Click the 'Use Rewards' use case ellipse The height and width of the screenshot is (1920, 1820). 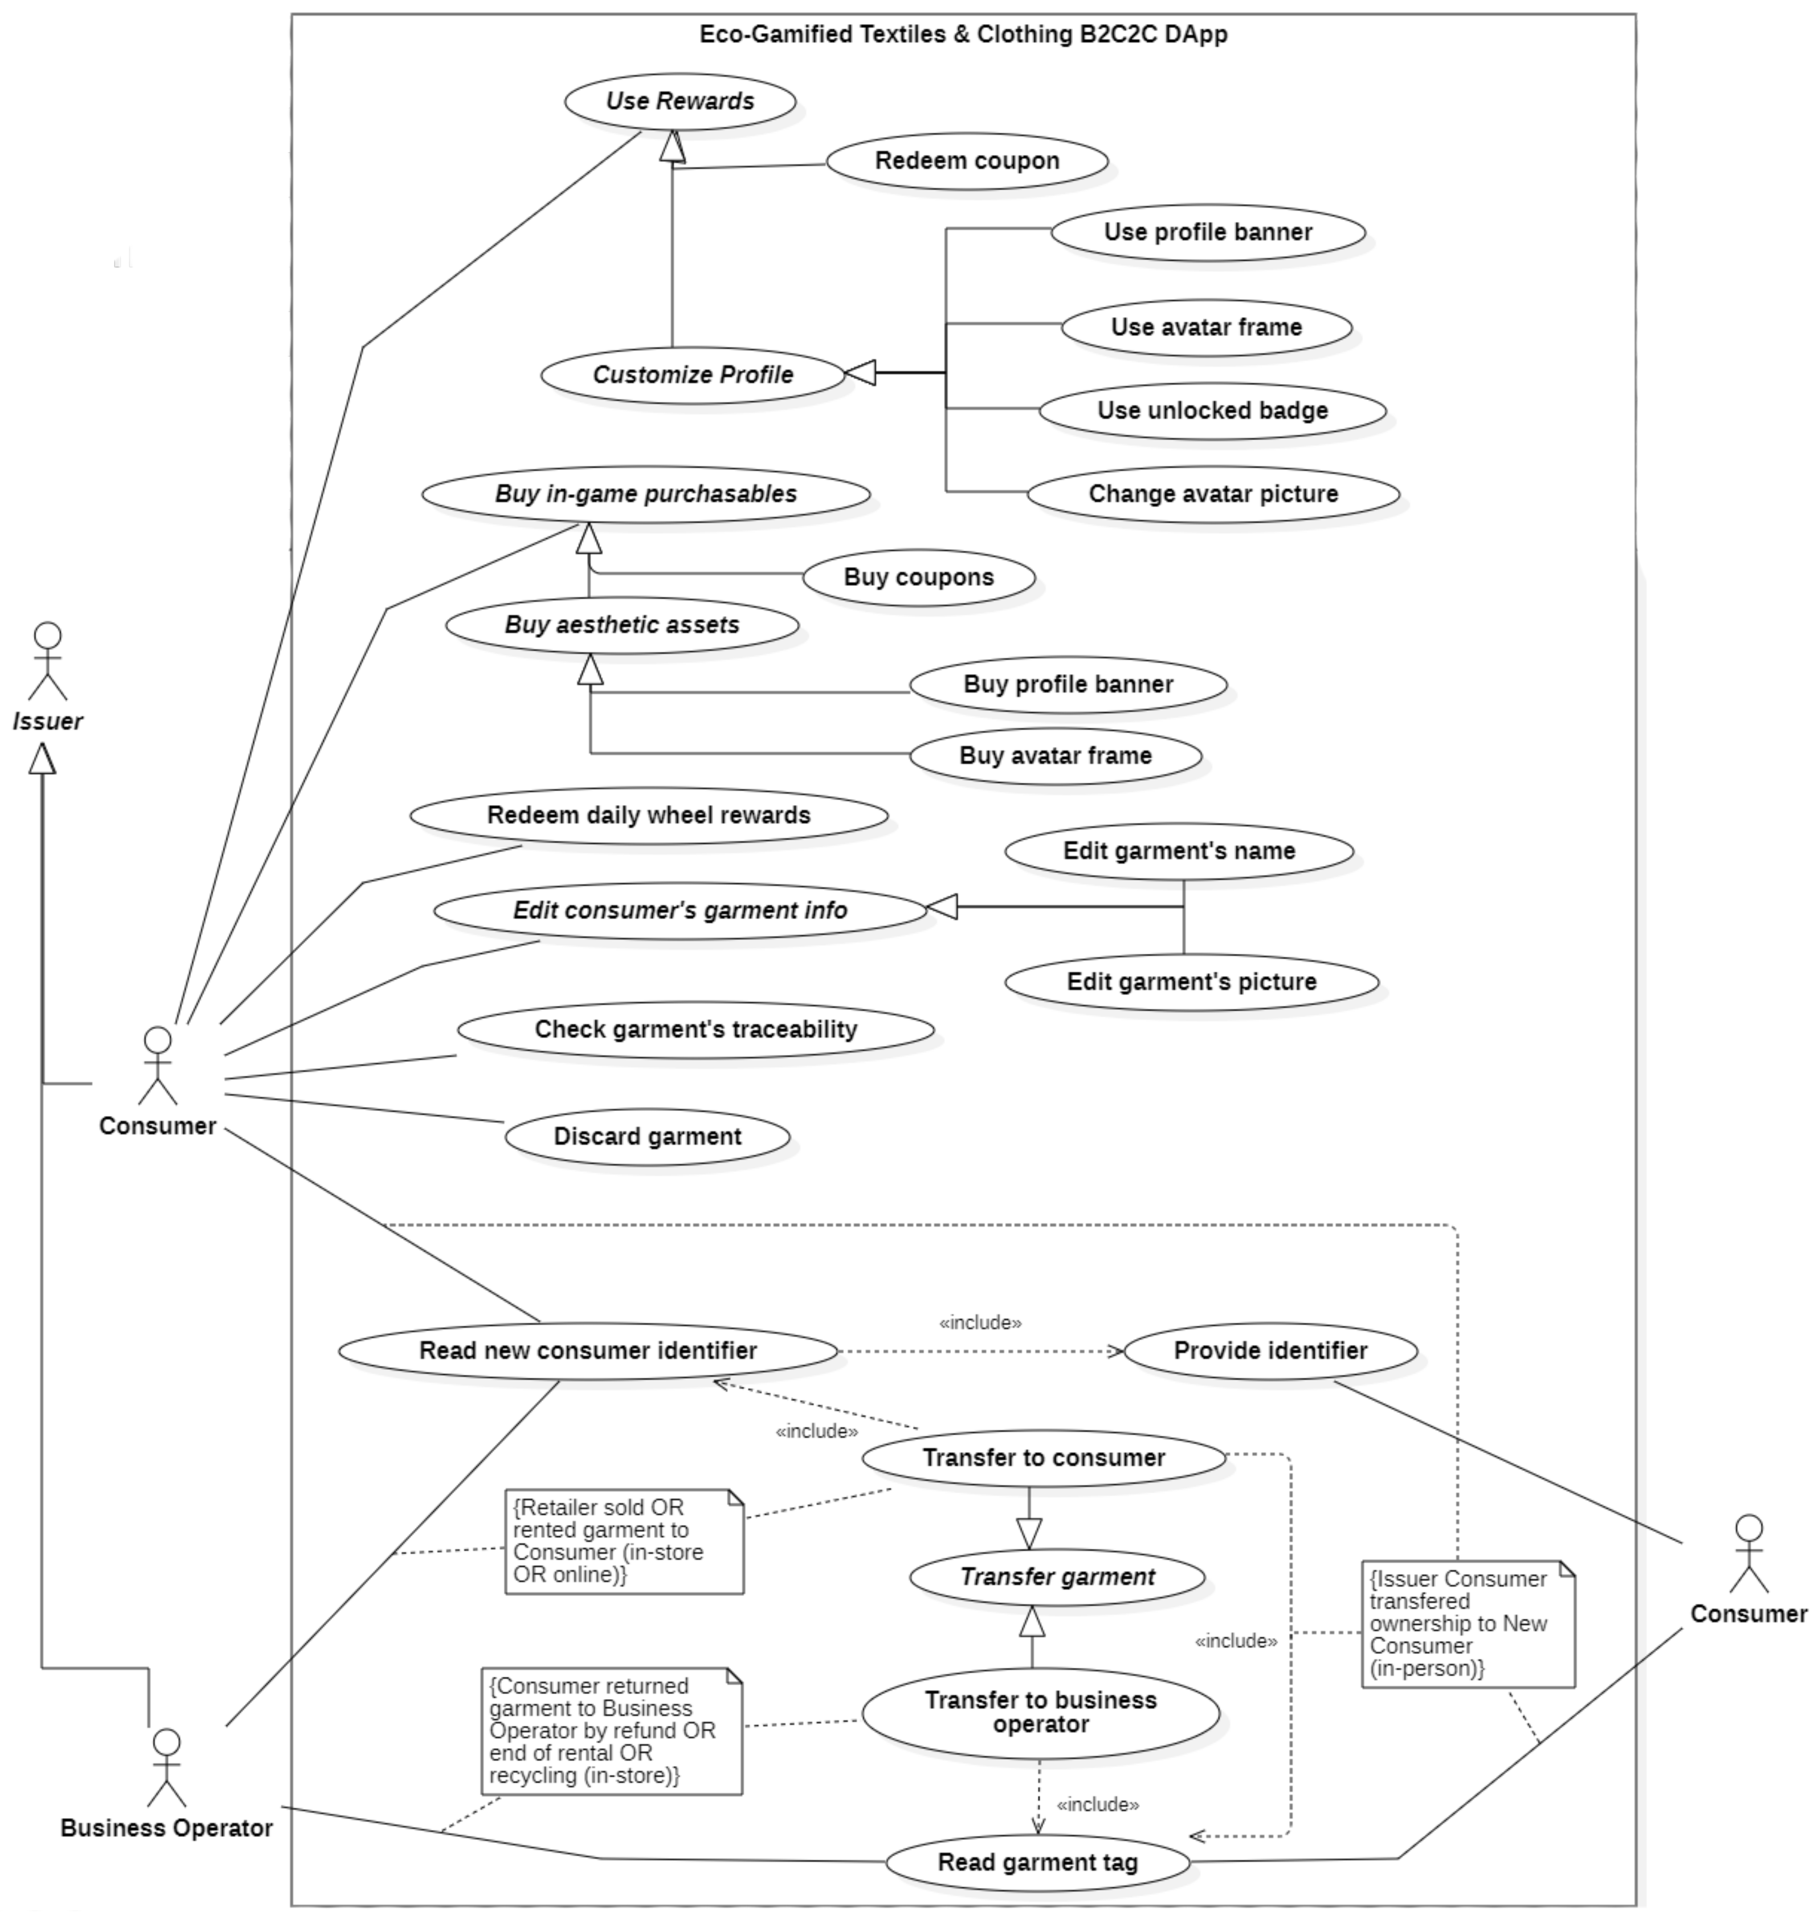pos(680,101)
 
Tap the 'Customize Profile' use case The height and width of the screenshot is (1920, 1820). pos(693,375)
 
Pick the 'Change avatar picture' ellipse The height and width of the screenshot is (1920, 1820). pos(1213,494)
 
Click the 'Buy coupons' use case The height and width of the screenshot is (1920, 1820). pos(919,577)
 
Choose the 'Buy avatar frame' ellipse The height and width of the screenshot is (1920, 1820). pos(1056,756)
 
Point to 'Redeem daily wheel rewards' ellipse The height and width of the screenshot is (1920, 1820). pos(648,815)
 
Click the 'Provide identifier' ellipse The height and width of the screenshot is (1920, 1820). pos(1270,1351)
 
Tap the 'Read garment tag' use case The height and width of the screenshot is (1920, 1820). pos(1037,1862)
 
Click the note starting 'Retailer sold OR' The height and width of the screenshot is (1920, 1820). pos(624,1542)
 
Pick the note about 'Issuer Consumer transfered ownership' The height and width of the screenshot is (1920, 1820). pos(1467,1624)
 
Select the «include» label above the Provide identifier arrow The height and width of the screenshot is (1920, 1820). pos(980,1322)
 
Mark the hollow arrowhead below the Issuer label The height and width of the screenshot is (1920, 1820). pos(42,759)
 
